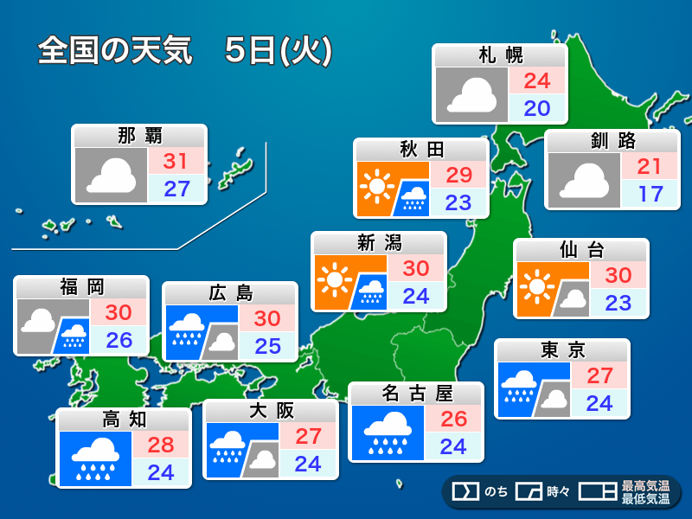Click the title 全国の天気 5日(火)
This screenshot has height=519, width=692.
(184, 51)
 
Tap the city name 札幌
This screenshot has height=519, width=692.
(500, 56)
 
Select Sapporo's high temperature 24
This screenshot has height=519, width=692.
(536, 81)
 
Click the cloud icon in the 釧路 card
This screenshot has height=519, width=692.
(583, 180)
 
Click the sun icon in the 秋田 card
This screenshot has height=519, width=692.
(376, 186)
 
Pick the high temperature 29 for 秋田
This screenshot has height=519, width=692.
(458, 175)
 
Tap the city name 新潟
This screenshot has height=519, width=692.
(379, 243)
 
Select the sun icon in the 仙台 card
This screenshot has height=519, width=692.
(538, 285)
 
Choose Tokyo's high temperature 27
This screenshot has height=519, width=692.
(599, 375)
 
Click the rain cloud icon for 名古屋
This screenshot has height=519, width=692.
(387, 432)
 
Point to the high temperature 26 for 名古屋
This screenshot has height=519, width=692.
(452, 419)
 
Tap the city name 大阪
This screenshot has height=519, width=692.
(271, 411)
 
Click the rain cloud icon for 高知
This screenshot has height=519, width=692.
(94, 458)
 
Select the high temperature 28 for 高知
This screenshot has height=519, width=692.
(160, 445)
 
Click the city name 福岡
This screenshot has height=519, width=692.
(81, 287)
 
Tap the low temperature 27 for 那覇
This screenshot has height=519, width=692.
(176, 189)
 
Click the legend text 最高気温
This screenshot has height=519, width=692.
(645, 485)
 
